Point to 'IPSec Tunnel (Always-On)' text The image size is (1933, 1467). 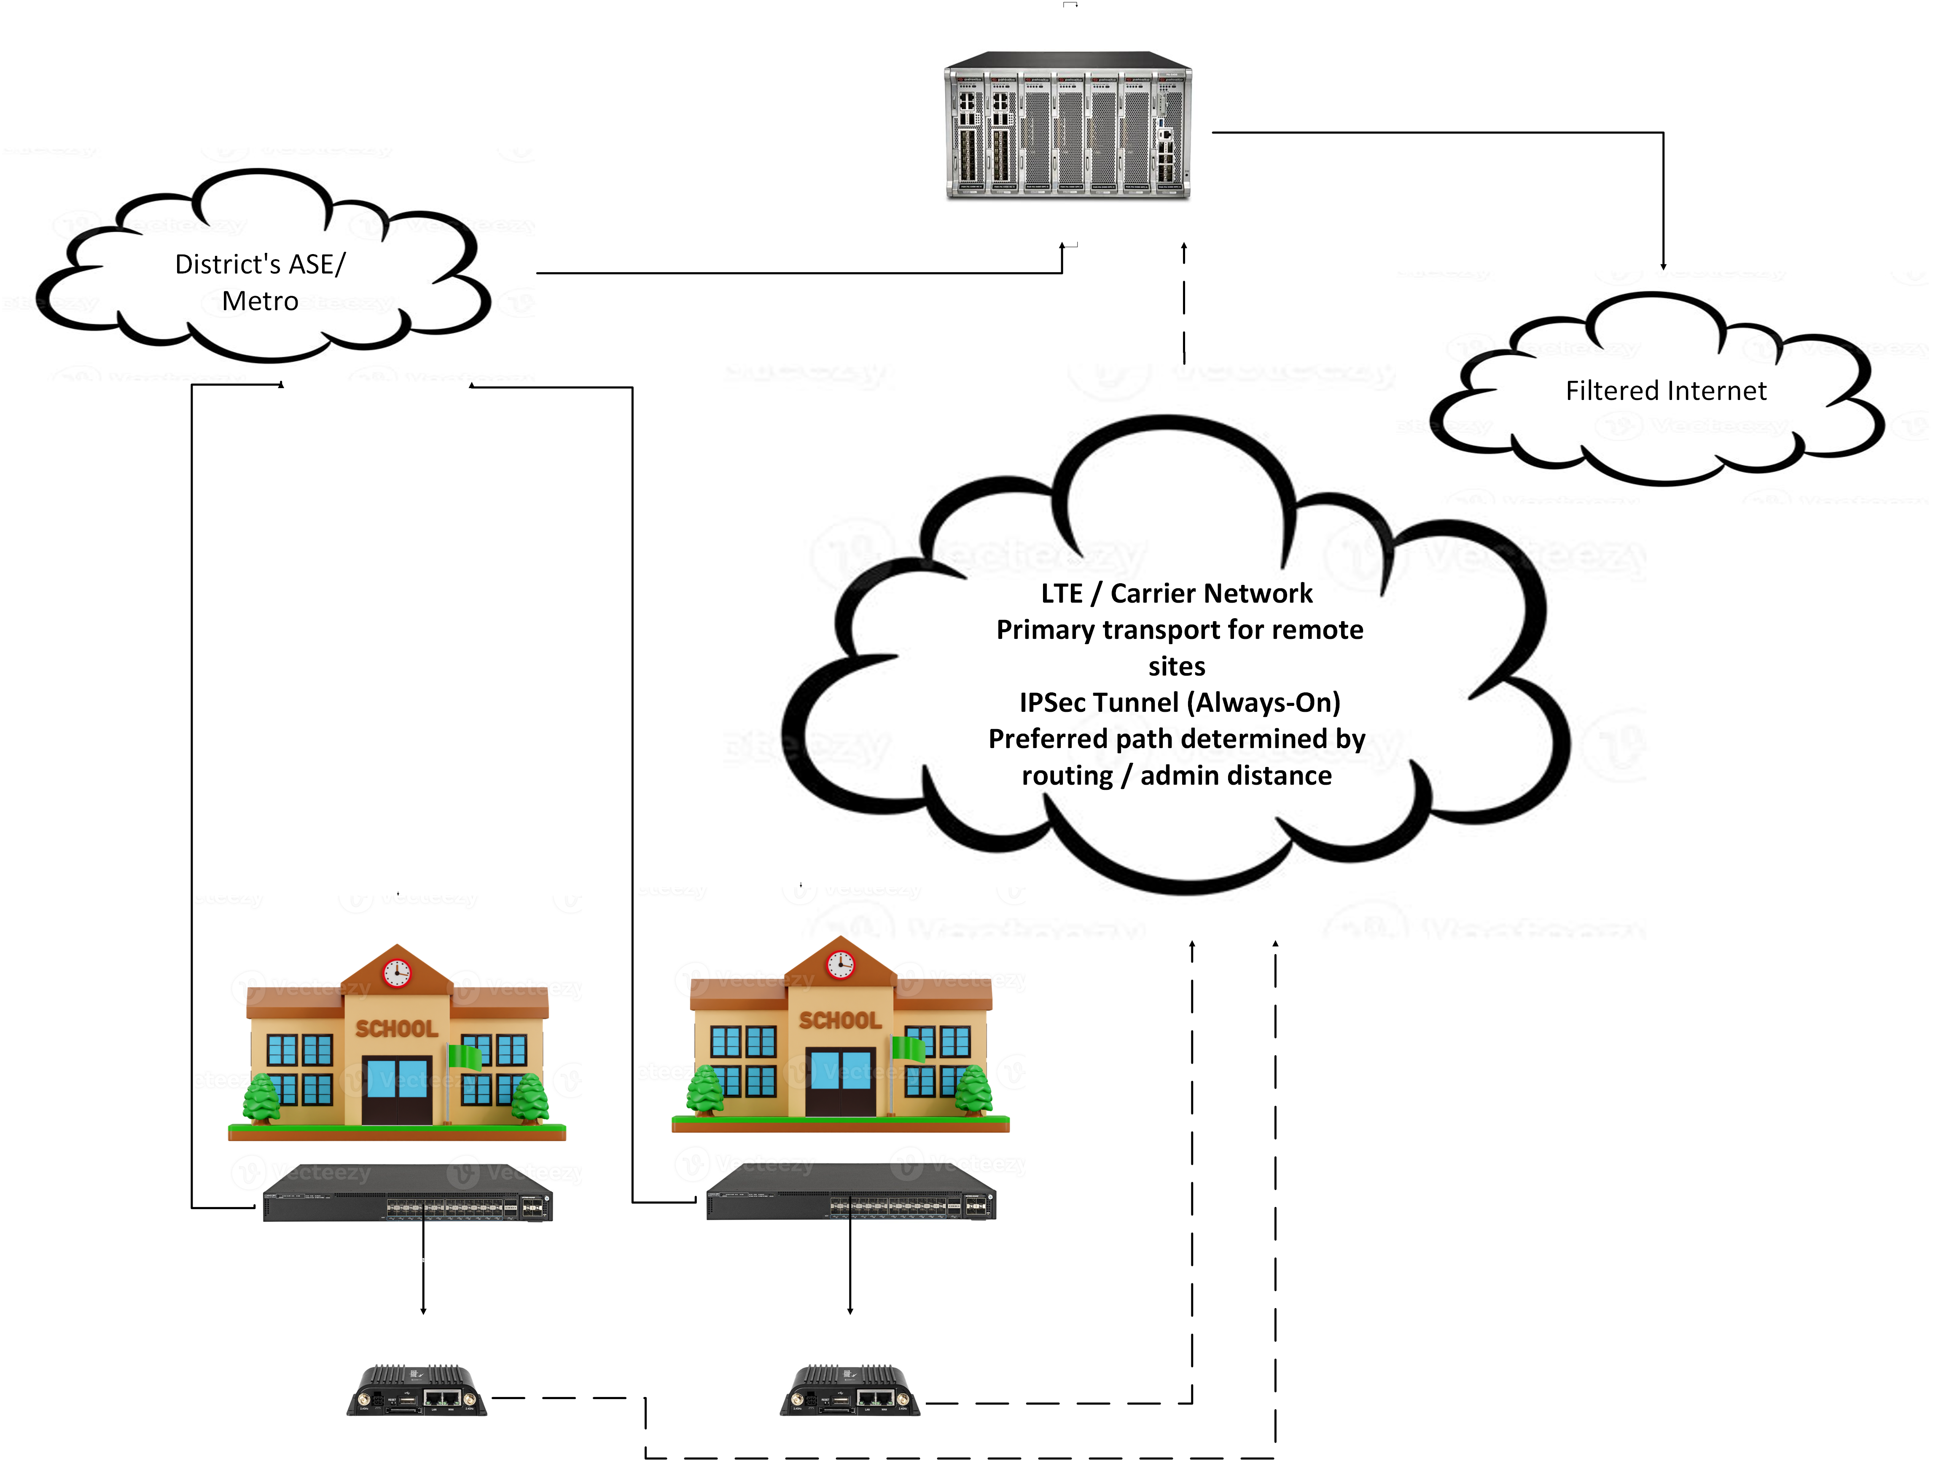pos(1179,703)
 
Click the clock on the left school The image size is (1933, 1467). pos(397,973)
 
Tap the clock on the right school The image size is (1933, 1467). pos(840,964)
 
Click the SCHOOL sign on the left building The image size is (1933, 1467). pos(397,1028)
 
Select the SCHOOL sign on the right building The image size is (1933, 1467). pos(840,1019)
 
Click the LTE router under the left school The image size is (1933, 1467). pos(417,1391)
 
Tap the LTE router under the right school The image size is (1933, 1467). pos(850,1391)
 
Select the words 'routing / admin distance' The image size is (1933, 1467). pos(1176,776)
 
